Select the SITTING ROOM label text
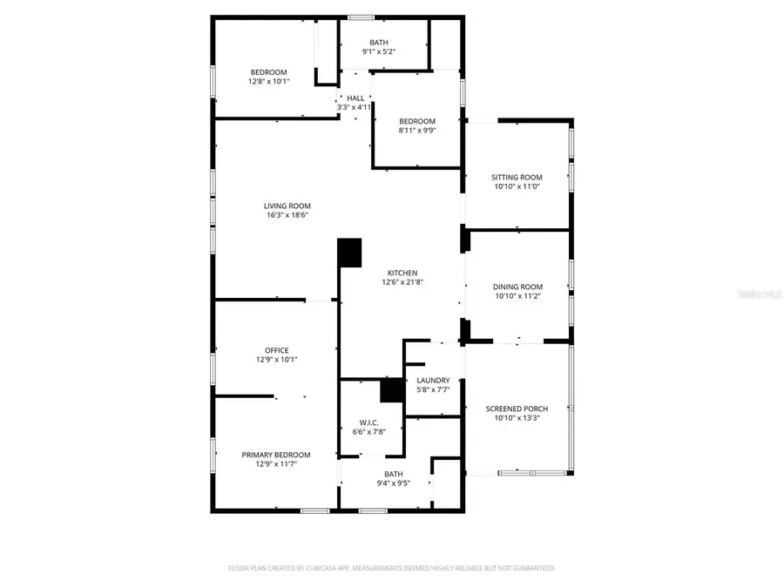tap(517, 178)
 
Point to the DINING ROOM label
tap(517, 287)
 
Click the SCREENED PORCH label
tap(517, 409)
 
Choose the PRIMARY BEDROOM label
tap(275, 455)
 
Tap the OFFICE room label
tap(276, 351)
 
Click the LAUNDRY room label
tap(433, 381)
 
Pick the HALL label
tap(355, 98)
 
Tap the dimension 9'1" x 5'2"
tap(378, 52)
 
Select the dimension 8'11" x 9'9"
tap(416, 131)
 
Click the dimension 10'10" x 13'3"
tap(517, 417)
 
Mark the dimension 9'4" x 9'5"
tap(394, 483)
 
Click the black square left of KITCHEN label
tap(349, 253)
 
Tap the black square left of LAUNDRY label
tap(393, 389)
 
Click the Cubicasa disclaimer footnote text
tap(391, 568)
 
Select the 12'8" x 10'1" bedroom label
tap(268, 81)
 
